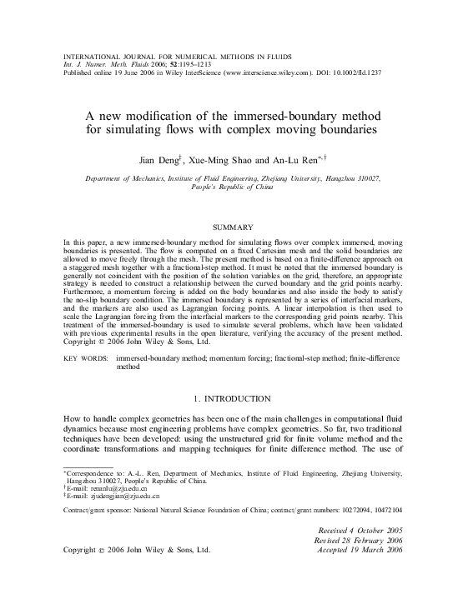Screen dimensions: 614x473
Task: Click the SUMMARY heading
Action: [237, 226]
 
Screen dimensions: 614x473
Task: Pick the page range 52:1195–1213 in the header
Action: [199, 64]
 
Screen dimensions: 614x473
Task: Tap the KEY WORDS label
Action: [87, 357]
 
